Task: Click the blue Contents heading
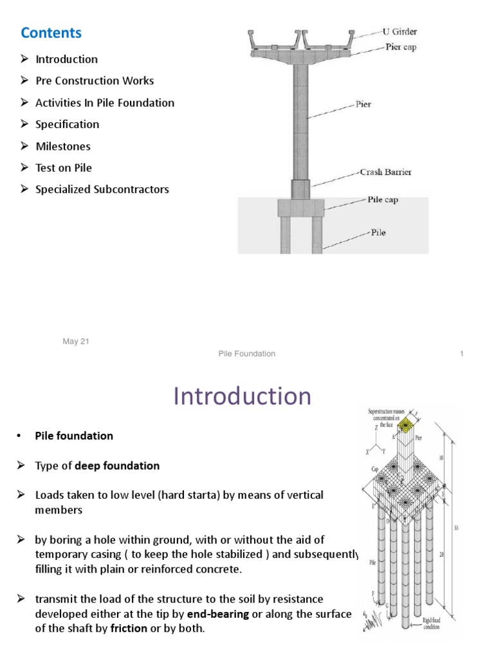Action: pyautogui.click(x=51, y=32)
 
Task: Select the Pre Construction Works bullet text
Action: pyautogui.click(x=95, y=81)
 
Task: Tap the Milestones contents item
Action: pyautogui.click(x=63, y=146)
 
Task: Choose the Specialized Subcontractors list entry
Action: pyautogui.click(x=102, y=189)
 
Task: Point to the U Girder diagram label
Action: pyautogui.click(x=401, y=32)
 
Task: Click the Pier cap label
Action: pyautogui.click(x=402, y=47)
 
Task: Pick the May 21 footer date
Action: pyautogui.click(x=76, y=342)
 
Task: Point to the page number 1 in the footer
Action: pyautogui.click(x=462, y=353)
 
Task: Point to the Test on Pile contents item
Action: pyautogui.click(x=64, y=168)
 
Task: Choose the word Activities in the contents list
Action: pyautogui.click(x=59, y=103)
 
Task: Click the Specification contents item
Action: pyautogui.click(x=68, y=124)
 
